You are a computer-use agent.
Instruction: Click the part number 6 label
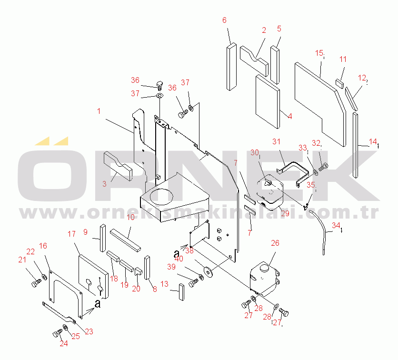click(225, 20)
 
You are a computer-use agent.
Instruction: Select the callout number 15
click(319, 53)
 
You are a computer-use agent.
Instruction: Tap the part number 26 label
click(275, 243)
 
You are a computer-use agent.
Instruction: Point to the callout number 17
click(72, 234)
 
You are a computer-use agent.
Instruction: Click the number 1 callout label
click(99, 111)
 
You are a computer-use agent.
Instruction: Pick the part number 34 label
click(336, 225)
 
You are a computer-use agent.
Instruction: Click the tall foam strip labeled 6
click(231, 67)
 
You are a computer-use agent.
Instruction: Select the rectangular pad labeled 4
click(267, 102)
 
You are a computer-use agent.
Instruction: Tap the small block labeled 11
click(339, 82)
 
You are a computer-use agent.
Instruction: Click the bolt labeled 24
click(57, 332)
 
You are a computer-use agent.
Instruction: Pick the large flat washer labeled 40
click(208, 272)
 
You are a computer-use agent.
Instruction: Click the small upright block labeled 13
click(181, 291)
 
